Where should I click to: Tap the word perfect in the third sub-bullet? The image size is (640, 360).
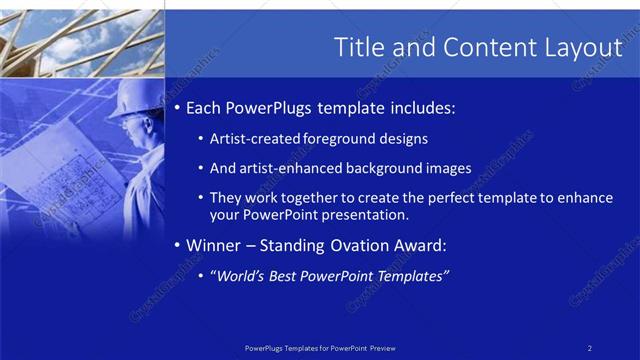(x=444, y=198)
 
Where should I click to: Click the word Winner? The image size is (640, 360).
(x=216, y=245)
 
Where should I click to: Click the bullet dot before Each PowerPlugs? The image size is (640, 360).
(x=177, y=107)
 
